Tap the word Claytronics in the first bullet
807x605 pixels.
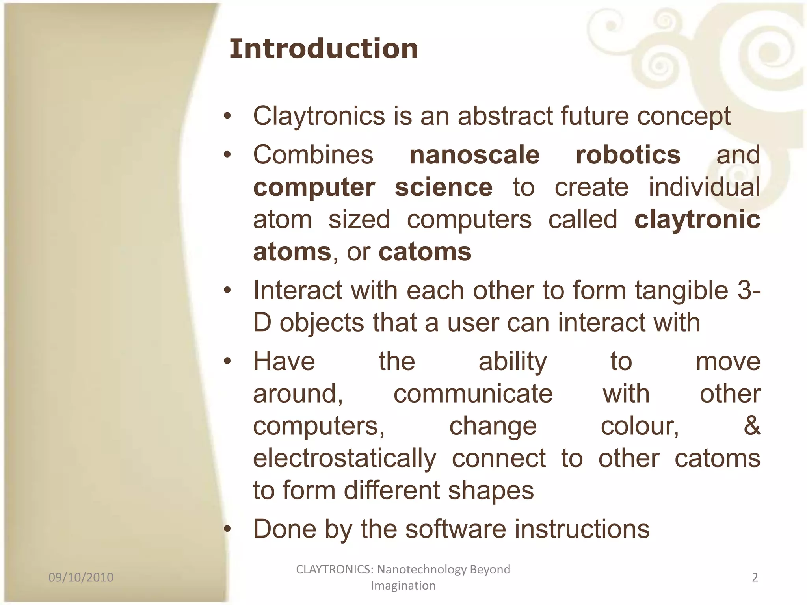click(319, 116)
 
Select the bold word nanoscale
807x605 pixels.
click(474, 155)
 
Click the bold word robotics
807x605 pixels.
click(628, 155)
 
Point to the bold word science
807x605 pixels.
click(444, 187)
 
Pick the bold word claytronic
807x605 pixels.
click(697, 219)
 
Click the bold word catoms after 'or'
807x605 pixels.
click(425, 252)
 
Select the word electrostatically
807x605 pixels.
click(344, 459)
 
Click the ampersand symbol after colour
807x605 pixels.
click(752, 426)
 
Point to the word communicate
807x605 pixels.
click(473, 393)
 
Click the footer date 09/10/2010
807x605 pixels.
click(81, 577)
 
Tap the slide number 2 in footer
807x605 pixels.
click(755, 577)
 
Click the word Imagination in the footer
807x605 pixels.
click(403, 586)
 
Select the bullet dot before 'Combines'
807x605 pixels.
click(227, 155)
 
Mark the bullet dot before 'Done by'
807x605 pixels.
click(227, 529)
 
